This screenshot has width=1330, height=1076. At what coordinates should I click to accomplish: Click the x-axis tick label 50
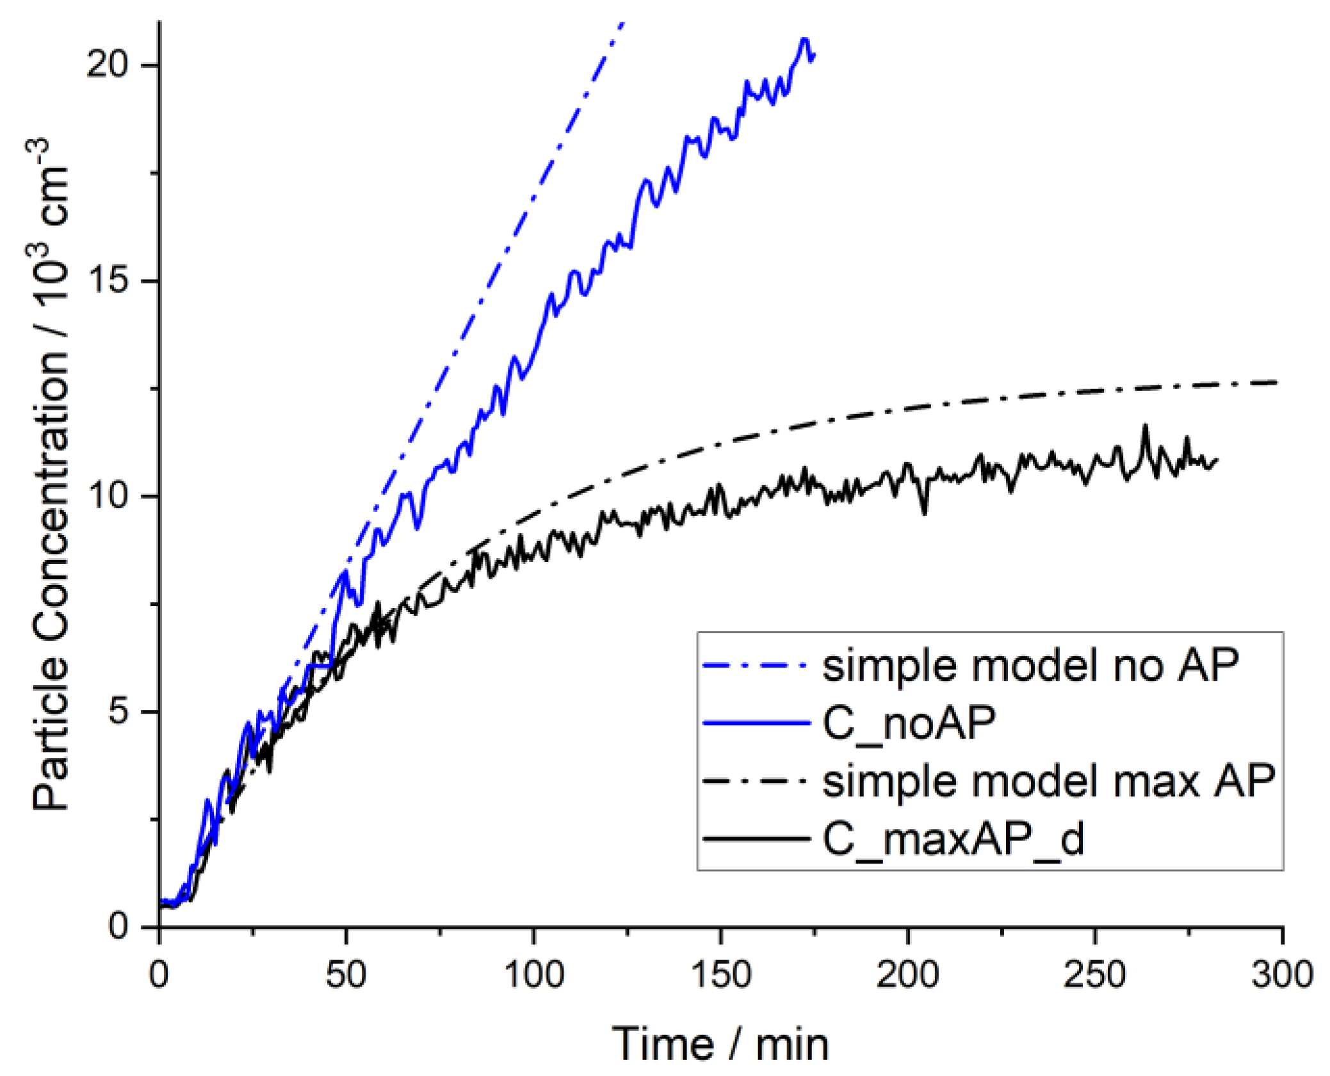pyautogui.click(x=346, y=976)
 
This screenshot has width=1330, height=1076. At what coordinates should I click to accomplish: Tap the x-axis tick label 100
pyautogui.click(x=533, y=976)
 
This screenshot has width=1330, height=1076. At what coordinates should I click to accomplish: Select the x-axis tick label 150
pyautogui.click(x=721, y=976)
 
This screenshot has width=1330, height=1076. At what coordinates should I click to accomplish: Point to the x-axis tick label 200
pyautogui.click(x=907, y=976)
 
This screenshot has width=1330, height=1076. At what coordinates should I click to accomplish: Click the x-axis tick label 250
pyautogui.click(x=1094, y=976)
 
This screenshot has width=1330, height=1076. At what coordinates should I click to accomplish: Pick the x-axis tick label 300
pyautogui.click(x=1282, y=976)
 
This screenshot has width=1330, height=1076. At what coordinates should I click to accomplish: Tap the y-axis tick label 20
pyautogui.click(x=108, y=65)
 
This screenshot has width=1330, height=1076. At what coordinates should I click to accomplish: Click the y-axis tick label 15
pyautogui.click(x=108, y=280)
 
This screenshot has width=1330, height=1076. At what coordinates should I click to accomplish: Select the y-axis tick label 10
pyautogui.click(x=108, y=496)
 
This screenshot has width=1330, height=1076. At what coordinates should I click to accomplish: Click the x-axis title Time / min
pyautogui.click(x=720, y=1045)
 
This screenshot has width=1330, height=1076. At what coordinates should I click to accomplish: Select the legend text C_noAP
pyautogui.click(x=909, y=723)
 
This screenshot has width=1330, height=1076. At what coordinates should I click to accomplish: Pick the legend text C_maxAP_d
pyautogui.click(x=953, y=839)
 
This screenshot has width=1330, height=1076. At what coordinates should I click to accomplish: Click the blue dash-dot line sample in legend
pyautogui.click(x=756, y=666)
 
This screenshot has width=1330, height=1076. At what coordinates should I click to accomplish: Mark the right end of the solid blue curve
pyautogui.click(x=814, y=56)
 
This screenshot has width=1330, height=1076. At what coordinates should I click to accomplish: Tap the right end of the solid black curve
pyautogui.click(x=1217, y=460)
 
